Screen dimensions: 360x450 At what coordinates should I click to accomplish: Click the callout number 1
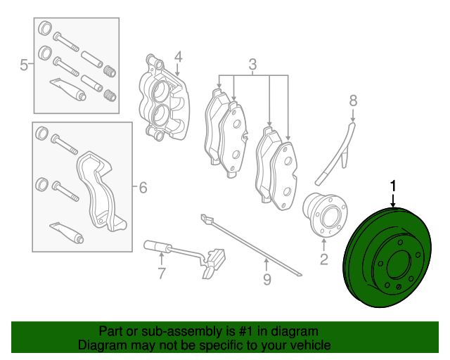(393, 186)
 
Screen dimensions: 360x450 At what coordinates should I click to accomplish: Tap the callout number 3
(252, 65)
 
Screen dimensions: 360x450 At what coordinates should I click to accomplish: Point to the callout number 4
(178, 57)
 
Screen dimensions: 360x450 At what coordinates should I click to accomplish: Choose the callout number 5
(24, 65)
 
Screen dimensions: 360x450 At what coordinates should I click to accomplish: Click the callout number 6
(143, 188)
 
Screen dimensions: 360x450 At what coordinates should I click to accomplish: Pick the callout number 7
(161, 274)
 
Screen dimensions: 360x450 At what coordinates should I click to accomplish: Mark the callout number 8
(353, 101)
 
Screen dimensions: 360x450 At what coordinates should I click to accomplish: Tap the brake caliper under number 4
(163, 98)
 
